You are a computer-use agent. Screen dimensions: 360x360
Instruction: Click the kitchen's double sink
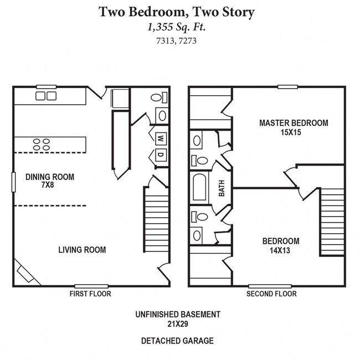[46, 96]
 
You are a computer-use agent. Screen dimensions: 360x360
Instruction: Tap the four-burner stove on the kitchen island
[40, 145]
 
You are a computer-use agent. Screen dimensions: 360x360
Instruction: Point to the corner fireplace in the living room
[27, 274]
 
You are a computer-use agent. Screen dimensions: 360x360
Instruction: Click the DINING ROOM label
[50, 177]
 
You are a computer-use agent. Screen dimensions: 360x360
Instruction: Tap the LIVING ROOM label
[82, 250]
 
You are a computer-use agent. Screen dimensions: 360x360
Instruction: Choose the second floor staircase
[332, 222]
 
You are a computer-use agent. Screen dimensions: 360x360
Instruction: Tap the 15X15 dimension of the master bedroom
[294, 133]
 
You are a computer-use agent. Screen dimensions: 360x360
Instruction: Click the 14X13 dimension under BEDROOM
[281, 250]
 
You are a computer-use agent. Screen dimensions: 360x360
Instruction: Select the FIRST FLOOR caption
[90, 294]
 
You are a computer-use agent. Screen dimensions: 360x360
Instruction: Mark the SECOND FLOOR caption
[271, 294]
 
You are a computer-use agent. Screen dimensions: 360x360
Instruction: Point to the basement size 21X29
[178, 323]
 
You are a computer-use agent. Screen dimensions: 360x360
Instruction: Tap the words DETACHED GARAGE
[178, 341]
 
